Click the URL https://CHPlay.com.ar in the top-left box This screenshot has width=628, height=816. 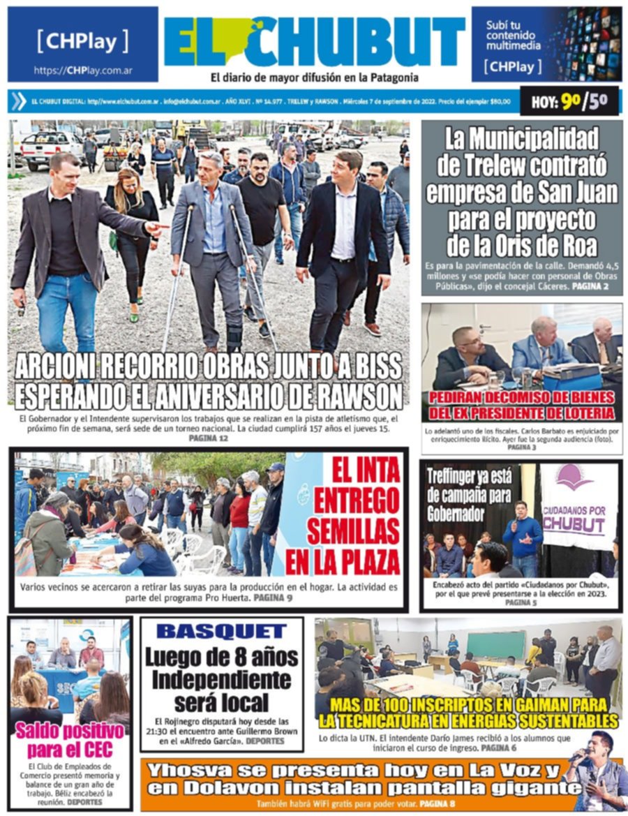[83, 71]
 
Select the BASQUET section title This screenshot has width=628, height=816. [221, 632]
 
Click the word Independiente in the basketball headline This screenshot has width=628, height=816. [223, 679]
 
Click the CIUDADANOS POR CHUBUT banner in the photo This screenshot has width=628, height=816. [578, 505]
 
